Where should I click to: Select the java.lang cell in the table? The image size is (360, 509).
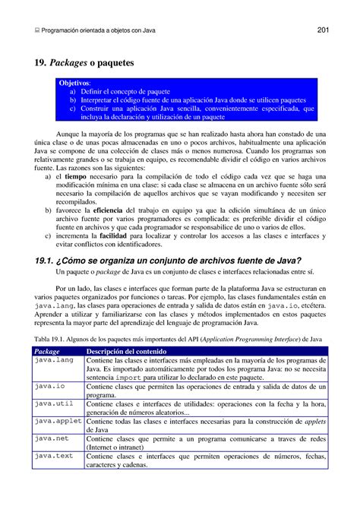click(52, 360)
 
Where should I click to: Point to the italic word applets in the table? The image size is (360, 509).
click(314, 420)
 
